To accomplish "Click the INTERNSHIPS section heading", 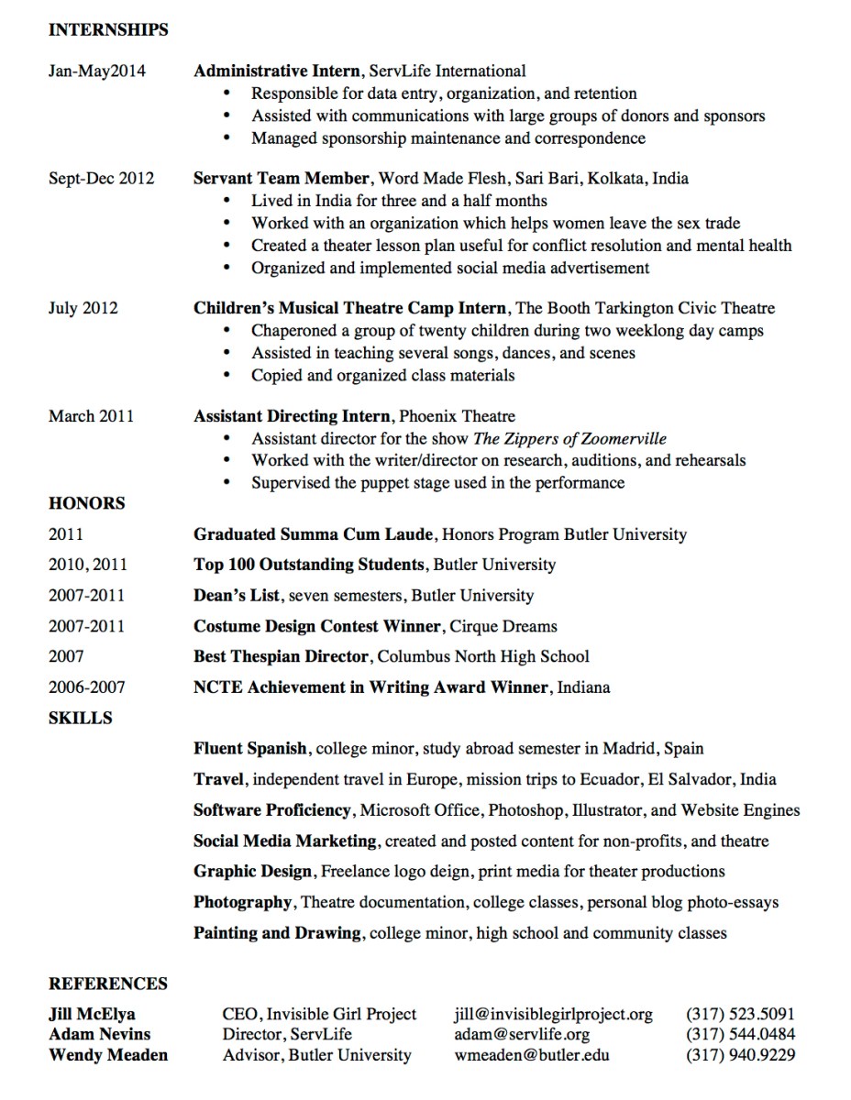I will coord(108,30).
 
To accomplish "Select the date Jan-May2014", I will coord(96,71).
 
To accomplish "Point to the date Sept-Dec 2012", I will coord(101,178).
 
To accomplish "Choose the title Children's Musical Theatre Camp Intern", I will coord(349,308).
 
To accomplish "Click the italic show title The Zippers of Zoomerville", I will coord(569,438).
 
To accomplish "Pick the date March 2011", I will coord(91,416).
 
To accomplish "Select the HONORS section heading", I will coord(86,503).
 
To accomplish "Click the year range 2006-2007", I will coord(86,687).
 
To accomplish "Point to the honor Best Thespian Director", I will coord(281,656).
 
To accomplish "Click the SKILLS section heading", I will coord(80,718).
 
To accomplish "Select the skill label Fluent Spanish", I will coord(250,749).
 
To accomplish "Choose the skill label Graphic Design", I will coord(253,871).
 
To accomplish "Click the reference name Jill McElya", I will coord(92,1015).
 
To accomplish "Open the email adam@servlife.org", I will coord(522,1035).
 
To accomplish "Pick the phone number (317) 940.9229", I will coord(740,1055).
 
